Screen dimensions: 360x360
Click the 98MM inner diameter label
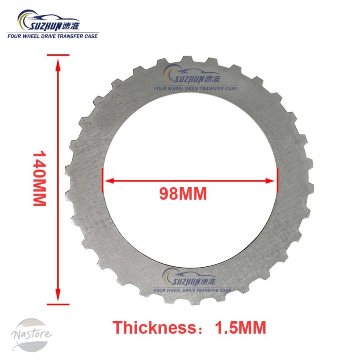point(183,194)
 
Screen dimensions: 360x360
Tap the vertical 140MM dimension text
point(40,178)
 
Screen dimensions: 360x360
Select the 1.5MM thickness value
point(240,327)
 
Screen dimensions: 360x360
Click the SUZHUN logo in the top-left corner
point(52,24)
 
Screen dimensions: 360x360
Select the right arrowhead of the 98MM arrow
point(270,181)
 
